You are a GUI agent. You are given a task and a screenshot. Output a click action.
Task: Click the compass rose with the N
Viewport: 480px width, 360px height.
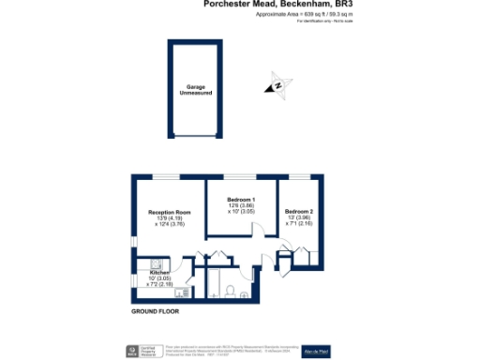(278, 85)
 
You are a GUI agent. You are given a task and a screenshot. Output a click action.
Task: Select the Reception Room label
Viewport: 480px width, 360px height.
(169, 213)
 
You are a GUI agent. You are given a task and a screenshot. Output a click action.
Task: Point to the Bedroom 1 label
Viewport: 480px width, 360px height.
(241, 200)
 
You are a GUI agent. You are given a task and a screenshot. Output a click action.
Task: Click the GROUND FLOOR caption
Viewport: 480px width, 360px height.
(155, 310)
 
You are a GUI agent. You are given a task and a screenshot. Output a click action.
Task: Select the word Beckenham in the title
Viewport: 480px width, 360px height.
(305, 4)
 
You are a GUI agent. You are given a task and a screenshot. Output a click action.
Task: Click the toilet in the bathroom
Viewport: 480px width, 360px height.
(230, 291)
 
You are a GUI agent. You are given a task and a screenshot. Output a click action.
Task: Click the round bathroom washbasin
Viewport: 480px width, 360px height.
(246, 294)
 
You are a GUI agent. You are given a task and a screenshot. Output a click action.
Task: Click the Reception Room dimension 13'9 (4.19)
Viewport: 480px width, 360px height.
(169, 218)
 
